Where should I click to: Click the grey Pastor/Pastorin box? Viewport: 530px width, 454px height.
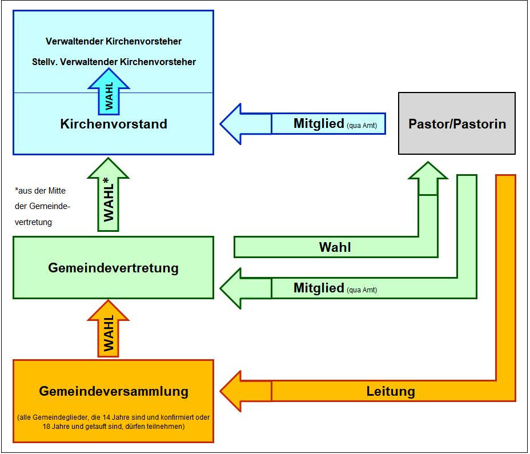[457, 123]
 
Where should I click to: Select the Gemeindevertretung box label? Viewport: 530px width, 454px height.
[113, 267]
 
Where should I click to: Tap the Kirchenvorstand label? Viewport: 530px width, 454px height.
[113, 123]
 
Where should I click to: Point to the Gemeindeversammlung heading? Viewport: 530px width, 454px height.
[113, 391]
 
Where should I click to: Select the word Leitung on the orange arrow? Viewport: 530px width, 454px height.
[390, 391]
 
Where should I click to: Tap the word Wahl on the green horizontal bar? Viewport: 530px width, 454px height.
[335, 247]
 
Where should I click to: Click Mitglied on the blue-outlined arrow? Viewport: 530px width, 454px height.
[319, 123]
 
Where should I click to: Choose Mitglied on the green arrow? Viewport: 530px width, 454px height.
[319, 288]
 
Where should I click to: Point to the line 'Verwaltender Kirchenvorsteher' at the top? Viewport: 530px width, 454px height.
[113, 42]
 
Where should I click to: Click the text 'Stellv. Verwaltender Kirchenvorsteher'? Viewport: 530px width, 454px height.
[113, 62]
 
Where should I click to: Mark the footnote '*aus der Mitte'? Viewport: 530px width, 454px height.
[42, 191]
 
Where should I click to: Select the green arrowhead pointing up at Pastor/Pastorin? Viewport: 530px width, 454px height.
[428, 173]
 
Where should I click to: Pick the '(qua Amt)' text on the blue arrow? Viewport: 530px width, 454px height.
[362, 126]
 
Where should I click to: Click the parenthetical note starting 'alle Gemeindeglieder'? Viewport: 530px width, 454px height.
[113, 421]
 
